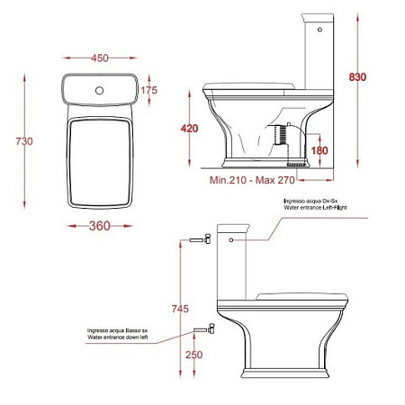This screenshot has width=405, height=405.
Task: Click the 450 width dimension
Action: click(x=100, y=58)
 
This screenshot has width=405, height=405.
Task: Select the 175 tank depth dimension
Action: click(x=149, y=90)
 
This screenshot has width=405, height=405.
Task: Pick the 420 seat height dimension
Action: click(x=188, y=129)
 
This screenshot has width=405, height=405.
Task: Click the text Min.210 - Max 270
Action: click(x=254, y=181)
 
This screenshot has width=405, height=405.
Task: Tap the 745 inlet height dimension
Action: click(x=180, y=308)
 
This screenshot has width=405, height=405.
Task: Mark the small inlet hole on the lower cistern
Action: click(x=232, y=240)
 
